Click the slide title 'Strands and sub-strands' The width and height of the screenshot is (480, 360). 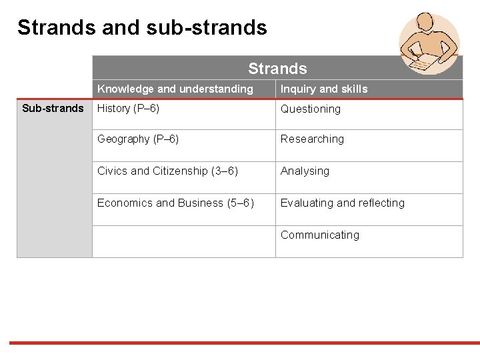142,27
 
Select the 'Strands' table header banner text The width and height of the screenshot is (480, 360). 277,69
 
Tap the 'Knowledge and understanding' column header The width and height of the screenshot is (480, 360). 175,89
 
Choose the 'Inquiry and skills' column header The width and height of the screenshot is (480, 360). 324,89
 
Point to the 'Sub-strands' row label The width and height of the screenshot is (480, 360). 53,108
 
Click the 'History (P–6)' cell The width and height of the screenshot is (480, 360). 128,108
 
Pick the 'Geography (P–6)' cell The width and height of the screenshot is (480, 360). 138,139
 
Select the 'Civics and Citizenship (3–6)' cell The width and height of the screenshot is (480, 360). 167,171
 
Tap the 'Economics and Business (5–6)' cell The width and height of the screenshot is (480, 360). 175,203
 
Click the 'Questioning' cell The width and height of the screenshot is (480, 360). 310,109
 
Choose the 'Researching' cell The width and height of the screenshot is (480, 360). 312,139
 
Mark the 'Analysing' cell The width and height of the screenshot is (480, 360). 305,171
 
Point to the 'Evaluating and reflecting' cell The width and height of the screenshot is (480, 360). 342,203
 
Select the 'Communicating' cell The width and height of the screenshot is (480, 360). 319,235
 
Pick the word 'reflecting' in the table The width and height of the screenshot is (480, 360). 381,203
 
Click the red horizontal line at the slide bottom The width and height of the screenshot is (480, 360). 240,343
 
